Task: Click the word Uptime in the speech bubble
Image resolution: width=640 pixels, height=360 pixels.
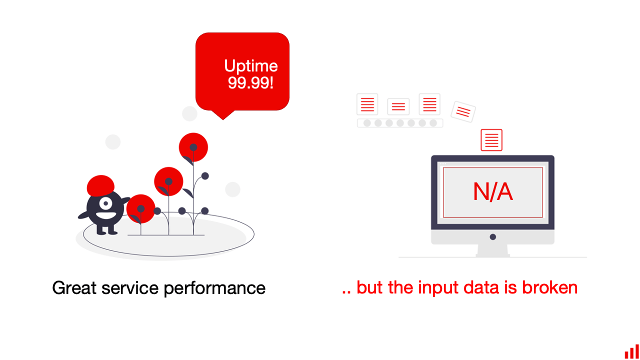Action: pos(251,66)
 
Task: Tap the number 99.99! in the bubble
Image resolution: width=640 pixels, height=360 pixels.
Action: pos(250,83)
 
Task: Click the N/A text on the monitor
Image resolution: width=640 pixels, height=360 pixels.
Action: pos(493,191)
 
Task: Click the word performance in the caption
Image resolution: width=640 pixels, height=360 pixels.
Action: pos(214,288)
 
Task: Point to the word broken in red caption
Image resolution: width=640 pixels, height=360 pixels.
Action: pos(549,287)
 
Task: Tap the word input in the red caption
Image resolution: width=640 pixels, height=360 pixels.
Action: pos(438,288)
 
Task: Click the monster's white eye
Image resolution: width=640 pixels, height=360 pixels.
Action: pos(105,203)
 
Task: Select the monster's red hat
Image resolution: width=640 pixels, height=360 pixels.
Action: pos(100,185)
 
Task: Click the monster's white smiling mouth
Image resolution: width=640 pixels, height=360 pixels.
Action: pos(106,215)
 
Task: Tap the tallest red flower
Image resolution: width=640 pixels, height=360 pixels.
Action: pos(193,147)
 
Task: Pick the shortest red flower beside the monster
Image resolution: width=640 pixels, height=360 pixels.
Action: pos(140,209)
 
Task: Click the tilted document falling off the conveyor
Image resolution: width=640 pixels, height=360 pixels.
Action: pos(463,111)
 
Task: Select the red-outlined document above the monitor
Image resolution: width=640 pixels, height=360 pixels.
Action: pos(491,140)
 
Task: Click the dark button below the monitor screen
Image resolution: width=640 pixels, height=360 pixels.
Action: pos(493,237)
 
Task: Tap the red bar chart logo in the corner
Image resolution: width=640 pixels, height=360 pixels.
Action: pos(631,351)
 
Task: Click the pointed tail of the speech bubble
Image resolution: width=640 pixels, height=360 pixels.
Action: pos(223,119)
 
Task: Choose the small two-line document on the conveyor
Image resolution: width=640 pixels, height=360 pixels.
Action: pos(398,106)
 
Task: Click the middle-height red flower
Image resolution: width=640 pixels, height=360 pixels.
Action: pos(168,181)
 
